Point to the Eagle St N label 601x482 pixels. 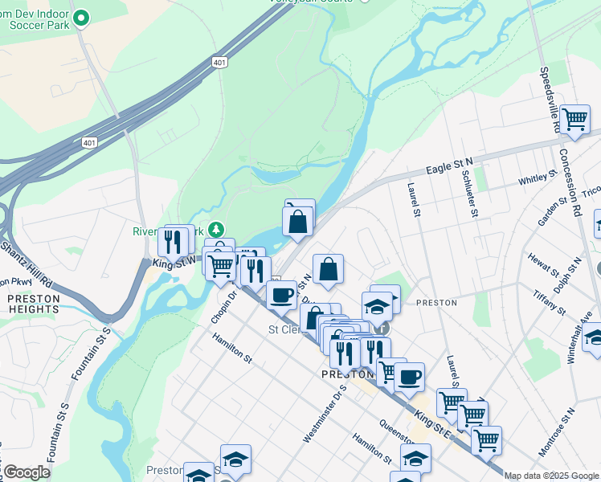450,167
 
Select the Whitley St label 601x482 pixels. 538,178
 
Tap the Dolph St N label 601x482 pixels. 572,274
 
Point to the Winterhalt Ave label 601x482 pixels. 578,337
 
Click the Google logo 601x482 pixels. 27,472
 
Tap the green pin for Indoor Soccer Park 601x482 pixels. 80,16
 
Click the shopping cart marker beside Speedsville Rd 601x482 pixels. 574,119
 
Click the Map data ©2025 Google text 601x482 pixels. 551,476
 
